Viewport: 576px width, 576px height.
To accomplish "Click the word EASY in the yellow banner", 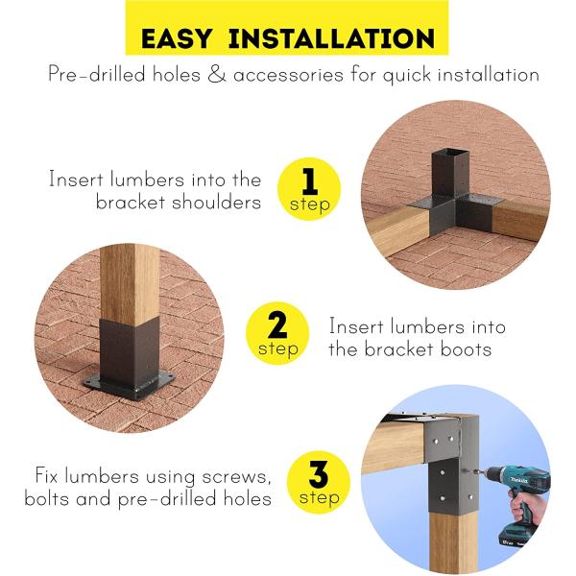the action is coord(177,38).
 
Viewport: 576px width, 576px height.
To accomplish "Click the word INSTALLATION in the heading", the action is coord(331,38).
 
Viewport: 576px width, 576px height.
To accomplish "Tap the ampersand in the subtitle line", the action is coord(217,74).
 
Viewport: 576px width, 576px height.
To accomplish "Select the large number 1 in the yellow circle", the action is coord(310,181).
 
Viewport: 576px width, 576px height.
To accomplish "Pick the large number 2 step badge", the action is coord(277,333).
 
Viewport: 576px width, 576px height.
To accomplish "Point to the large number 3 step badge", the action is coord(319,482).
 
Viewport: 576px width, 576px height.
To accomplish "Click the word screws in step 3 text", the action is coord(236,477).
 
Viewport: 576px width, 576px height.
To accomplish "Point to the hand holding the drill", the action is coord(526,508).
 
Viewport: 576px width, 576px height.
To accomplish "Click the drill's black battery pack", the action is coord(515,537).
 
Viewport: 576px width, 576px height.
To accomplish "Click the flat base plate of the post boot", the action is coord(129,384).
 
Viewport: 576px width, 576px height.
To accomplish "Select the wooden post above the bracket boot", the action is coord(129,283).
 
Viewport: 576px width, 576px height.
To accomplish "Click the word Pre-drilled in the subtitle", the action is coord(97,74).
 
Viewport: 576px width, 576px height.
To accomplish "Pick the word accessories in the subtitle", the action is coord(288,75).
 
